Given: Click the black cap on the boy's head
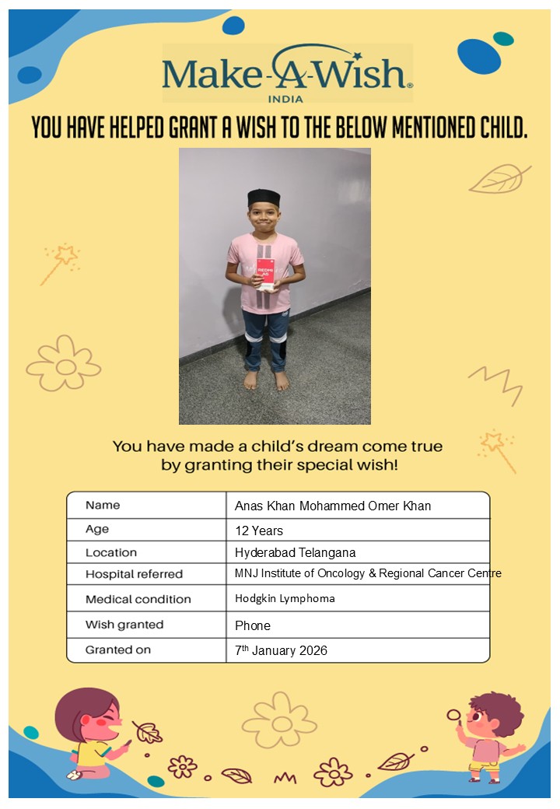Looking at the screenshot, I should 264,198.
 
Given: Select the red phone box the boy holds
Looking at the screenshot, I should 265,270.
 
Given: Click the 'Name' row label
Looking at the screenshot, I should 103,505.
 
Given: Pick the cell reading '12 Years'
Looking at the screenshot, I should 259,531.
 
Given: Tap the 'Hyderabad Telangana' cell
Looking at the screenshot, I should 295,553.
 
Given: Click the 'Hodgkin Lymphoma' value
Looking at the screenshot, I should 285,599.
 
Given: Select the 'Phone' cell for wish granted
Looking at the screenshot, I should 253,625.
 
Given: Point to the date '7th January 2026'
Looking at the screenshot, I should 281,650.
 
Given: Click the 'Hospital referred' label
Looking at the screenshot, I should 134,575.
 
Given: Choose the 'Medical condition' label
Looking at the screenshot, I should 138,600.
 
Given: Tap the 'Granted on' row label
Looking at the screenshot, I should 118,650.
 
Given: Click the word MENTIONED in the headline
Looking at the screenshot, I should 408,127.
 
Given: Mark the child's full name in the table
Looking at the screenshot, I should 333,506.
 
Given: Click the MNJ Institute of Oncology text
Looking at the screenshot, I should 368,573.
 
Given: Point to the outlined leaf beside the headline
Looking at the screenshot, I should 498,179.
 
